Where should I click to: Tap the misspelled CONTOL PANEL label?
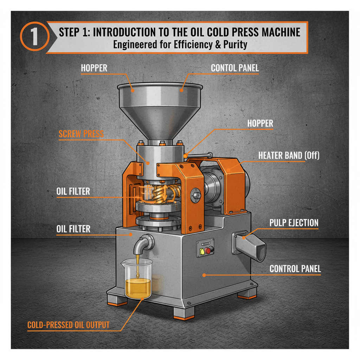pyautogui.click(x=235, y=68)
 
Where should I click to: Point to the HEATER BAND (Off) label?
pyautogui.click(x=289, y=155)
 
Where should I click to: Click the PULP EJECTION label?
pyautogui.click(x=294, y=223)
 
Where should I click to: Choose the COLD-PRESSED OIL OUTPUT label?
pyautogui.click(x=68, y=325)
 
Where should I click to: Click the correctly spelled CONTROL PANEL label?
pyautogui.click(x=295, y=269)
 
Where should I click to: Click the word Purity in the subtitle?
pyautogui.click(x=234, y=45)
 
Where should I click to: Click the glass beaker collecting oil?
pyautogui.click(x=137, y=279)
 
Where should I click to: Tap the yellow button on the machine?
pyautogui.click(x=202, y=251)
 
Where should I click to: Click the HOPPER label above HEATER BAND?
pyautogui.click(x=260, y=123)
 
